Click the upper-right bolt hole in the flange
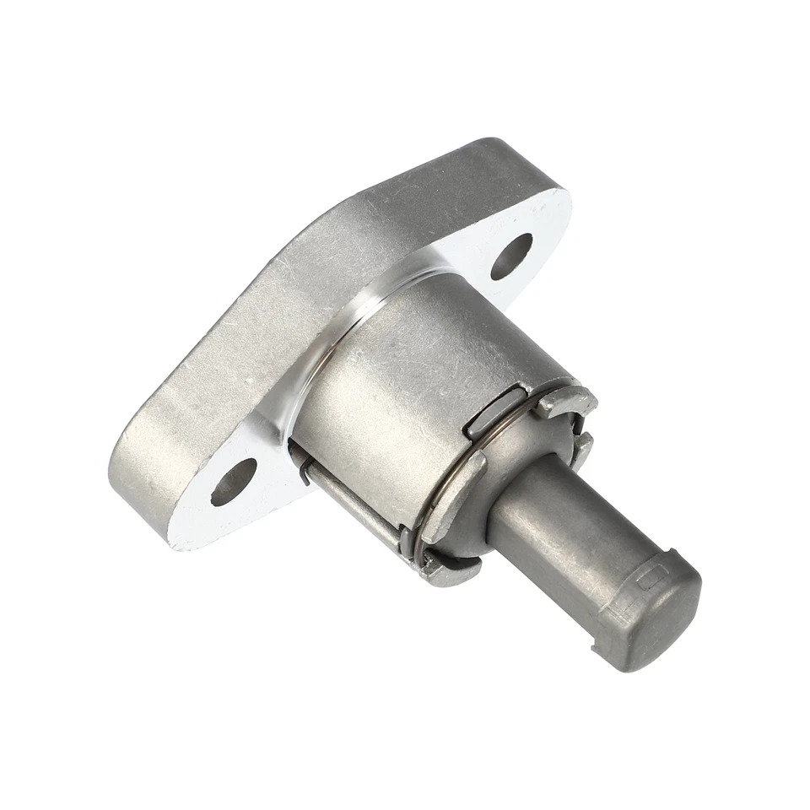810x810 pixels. [x=511, y=256]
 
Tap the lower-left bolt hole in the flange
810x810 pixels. [x=234, y=481]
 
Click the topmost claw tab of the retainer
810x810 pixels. [x=565, y=403]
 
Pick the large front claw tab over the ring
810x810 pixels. [x=451, y=498]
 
